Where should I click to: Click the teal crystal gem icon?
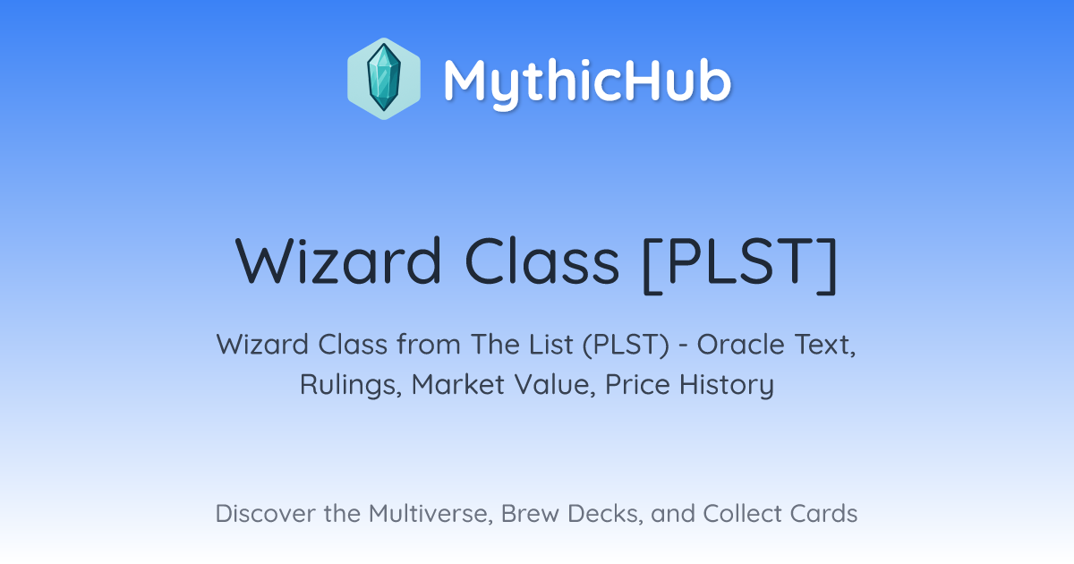pyautogui.click(x=384, y=79)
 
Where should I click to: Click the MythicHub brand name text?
pyautogui.click(x=587, y=81)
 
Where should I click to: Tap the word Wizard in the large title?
pyautogui.click(x=338, y=261)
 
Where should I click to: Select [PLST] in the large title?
pyautogui.click(x=740, y=264)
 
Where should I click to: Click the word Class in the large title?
pyautogui.click(x=541, y=261)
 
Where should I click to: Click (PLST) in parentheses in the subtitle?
pyautogui.click(x=626, y=346)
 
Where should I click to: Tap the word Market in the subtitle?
pyautogui.click(x=458, y=384)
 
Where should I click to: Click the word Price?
pyautogui.click(x=637, y=384)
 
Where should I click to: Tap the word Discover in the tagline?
pyautogui.click(x=265, y=514)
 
